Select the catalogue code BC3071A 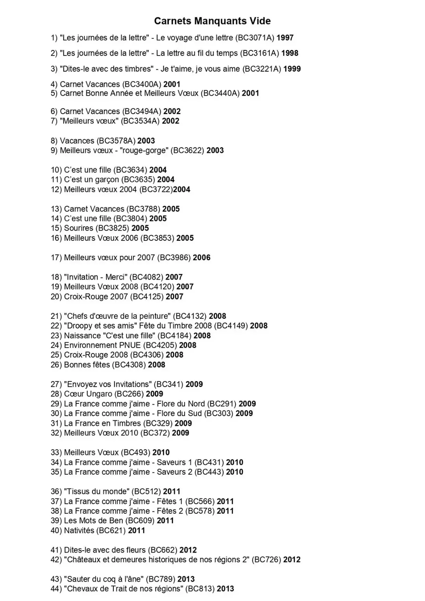pos(255,38)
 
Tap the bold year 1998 pos(290,53)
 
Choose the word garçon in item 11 pos(107,179)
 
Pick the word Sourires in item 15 pos(78,228)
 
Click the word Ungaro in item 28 pos(99,394)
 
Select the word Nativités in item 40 pos(79,531)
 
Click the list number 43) pos(56,579)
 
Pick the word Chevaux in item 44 pos(82,589)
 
